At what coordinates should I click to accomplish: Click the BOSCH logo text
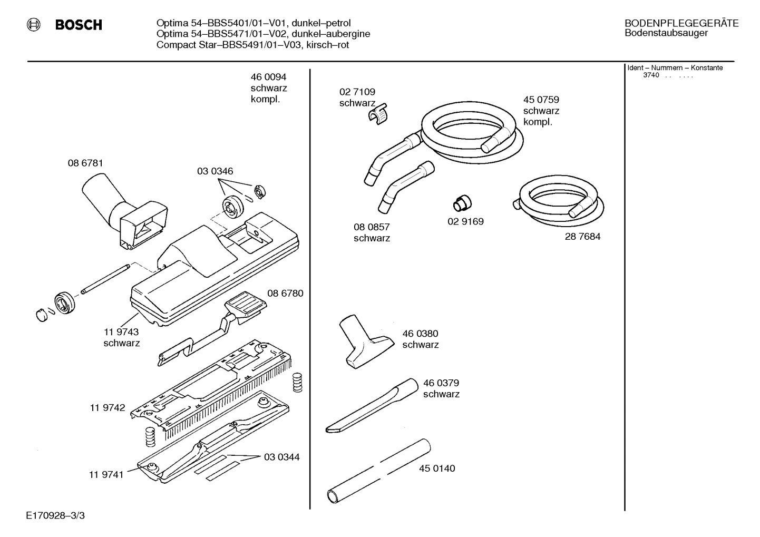78,25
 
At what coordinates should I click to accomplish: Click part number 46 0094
268,77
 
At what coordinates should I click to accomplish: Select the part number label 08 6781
85,163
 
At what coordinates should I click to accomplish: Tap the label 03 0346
215,171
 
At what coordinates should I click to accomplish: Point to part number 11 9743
121,332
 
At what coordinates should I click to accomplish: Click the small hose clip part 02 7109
377,113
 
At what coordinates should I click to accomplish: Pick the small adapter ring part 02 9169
462,202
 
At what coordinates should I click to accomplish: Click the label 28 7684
582,237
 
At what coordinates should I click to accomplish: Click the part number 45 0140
437,468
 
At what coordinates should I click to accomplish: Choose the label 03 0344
281,457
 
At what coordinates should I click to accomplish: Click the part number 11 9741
106,474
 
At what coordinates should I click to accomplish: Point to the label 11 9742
108,407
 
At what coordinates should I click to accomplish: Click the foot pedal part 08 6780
243,307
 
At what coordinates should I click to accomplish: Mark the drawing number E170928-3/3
55,515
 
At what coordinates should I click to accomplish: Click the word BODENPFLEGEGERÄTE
681,23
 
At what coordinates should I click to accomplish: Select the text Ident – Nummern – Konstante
675,68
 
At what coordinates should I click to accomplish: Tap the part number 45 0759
541,100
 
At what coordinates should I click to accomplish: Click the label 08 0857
371,227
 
